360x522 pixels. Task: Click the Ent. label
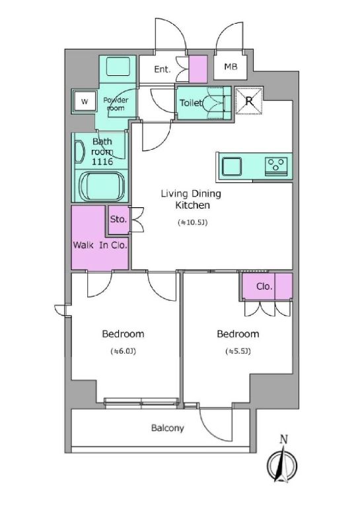[x=162, y=69]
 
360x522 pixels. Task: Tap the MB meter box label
[x=231, y=67]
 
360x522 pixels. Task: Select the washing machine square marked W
[x=85, y=102]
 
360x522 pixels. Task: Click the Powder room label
[x=116, y=104]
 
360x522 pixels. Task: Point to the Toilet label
[x=191, y=103]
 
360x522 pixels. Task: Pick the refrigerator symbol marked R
[x=249, y=101]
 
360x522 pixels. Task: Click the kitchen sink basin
[x=232, y=166]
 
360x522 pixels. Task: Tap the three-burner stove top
[x=275, y=166]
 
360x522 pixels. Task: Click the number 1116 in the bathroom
[x=102, y=162]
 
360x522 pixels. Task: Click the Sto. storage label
[x=119, y=219]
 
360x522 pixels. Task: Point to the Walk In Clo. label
[x=100, y=245]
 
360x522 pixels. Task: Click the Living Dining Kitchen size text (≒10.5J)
[x=193, y=222]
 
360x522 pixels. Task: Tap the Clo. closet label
[x=264, y=286]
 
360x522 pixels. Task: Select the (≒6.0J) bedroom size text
[x=124, y=351]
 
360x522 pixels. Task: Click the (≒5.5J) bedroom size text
[x=238, y=351]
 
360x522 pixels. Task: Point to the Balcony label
[x=167, y=428]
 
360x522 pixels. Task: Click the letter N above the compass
[x=283, y=440]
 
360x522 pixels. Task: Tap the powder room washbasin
[x=118, y=66]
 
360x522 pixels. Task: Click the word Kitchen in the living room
[x=193, y=205]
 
